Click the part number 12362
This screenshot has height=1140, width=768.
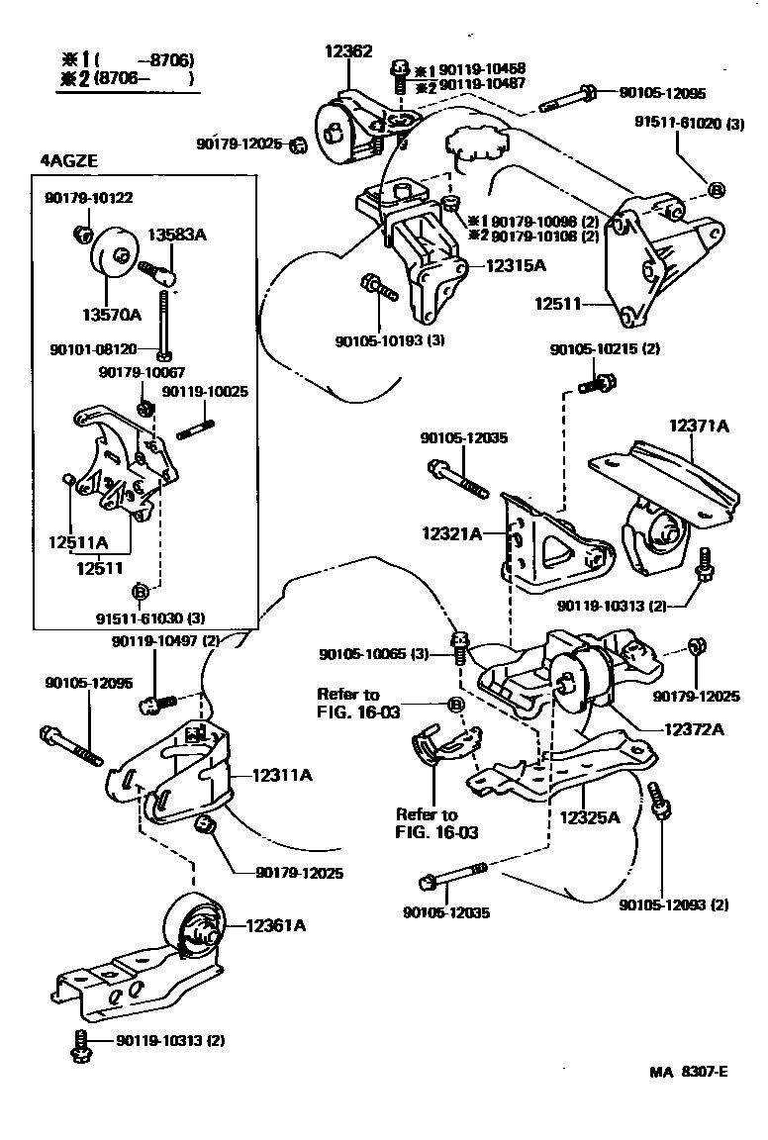click(348, 51)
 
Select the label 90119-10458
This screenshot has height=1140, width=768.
click(482, 69)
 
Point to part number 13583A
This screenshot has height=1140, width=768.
click(185, 235)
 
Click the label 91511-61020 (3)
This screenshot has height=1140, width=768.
click(689, 125)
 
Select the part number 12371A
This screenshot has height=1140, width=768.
click(698, 427)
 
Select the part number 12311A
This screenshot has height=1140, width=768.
click(282, 775)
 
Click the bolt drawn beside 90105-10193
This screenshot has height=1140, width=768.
click(379, 286)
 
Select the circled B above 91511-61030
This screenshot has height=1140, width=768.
click(140, 592)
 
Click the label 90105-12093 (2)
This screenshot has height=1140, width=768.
click(674, 904)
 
